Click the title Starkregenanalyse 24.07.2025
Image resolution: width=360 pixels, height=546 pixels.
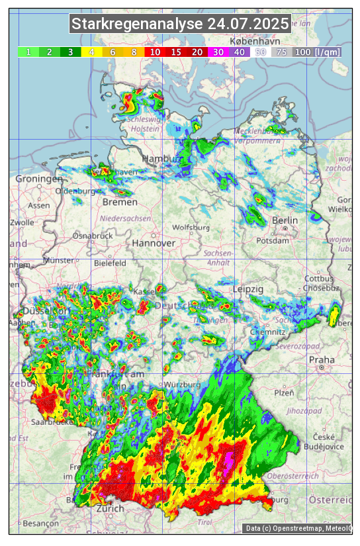pyautogui.click(x=180, y=24)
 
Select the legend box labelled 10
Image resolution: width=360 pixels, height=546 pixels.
pyautogui.click(x=154, y=52)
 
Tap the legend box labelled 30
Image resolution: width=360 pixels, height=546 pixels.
pyautogui.click(x=218, y=52)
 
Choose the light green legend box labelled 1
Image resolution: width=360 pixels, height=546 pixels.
pyautogui.click(x=28, y=52)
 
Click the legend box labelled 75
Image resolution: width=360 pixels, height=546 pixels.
pyautogui.click(x=281, y=52)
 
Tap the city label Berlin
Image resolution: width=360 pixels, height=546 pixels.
pyautogui.click(x=285, y=220)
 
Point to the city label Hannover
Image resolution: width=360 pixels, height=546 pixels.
pyautogui.click(x=154, y=243)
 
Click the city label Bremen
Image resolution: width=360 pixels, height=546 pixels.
pyautogui.click(x=120, y=202)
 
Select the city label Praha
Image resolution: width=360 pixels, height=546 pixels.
pyautogui.click(x=322, y=360)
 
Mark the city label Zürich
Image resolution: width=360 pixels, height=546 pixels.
pyautogui.click(x=110, y=508)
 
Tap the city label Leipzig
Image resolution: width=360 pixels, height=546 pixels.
pyautogui.click(x=248, y=289)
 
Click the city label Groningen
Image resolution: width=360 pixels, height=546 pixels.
pyautogui.click(x=39, y=179)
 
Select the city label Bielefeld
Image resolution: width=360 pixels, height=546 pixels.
pyautogui.click(x=110, y=263)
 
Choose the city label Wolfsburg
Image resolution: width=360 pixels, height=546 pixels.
pyautogui.click(x=191, y=228)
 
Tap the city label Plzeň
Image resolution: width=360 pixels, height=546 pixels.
pyautogui.click(x=284, y=392)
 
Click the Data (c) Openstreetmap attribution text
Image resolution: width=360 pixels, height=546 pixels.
pyautogui.click(x=298, y=528)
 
